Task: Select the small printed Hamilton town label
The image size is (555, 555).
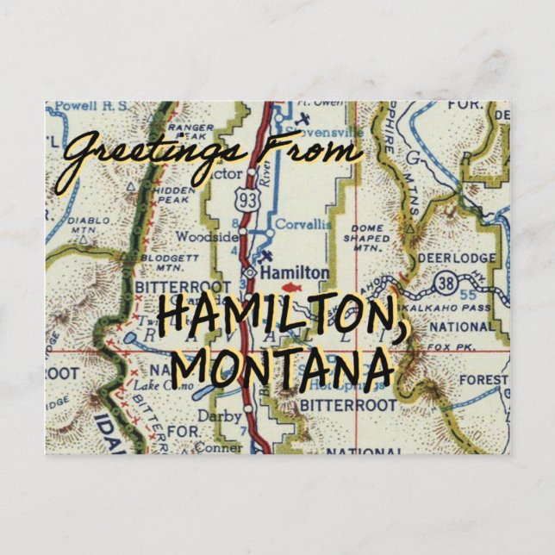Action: point(294,272)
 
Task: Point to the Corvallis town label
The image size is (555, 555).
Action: point(301,222)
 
